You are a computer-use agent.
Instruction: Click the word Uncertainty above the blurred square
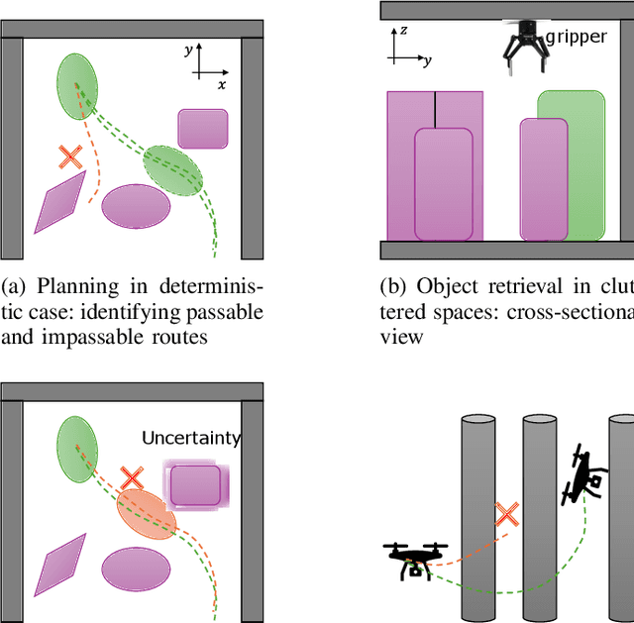point(191,437)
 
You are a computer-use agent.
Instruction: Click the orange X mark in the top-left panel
point(69,156)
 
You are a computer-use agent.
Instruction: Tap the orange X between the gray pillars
point(507,514)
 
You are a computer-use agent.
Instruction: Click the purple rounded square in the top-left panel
point(203,130)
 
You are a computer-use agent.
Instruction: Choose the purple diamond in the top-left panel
point(59,203)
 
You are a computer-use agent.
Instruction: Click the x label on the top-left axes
point(222,85)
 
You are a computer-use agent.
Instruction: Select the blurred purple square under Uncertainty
point(195,485)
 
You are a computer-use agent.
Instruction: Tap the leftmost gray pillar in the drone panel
point(478,515)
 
